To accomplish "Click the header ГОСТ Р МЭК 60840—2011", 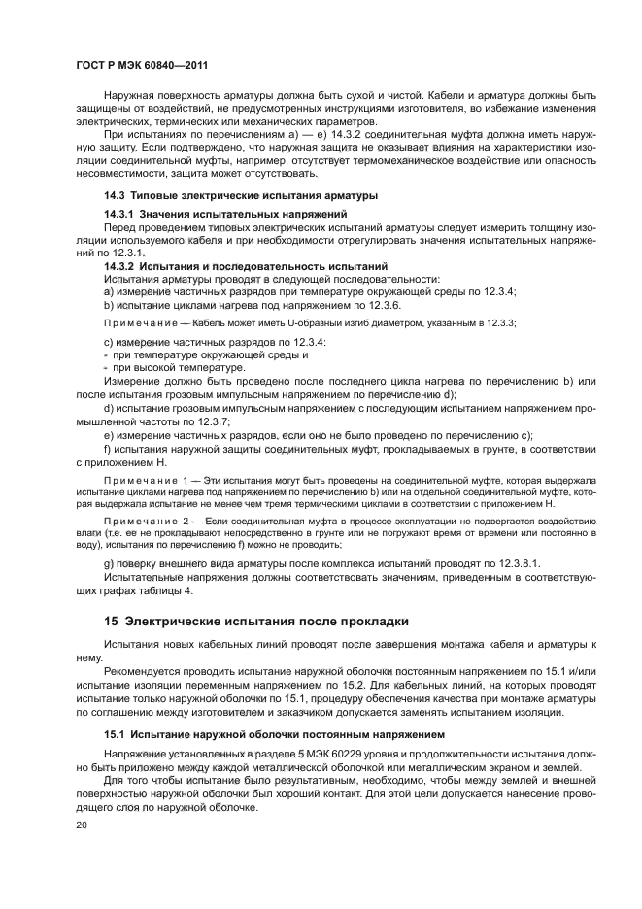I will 138,66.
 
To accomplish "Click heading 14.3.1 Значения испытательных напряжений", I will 225,213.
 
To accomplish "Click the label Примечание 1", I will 146,482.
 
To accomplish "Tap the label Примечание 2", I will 146,522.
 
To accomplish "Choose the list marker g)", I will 109,563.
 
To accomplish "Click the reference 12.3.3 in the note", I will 498,322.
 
